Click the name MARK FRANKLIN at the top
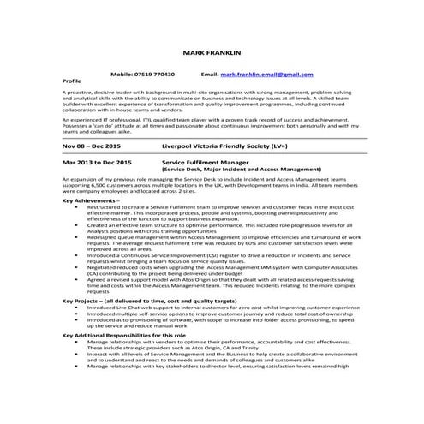212,54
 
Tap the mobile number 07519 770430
155,75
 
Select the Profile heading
72,81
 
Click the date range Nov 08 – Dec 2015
96,146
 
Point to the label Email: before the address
209,75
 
